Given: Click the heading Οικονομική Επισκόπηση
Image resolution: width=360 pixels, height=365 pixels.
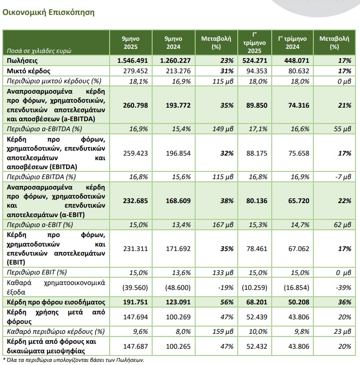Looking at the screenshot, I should tap(49, 13).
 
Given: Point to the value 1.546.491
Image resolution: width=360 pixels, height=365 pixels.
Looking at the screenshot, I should tap(131, 61).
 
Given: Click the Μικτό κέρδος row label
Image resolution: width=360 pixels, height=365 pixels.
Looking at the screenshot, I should tap(28, 71).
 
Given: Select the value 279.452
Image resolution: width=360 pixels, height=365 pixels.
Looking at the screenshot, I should tap(136, 71).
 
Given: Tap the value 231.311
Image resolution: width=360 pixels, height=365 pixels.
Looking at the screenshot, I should tap(136, 248).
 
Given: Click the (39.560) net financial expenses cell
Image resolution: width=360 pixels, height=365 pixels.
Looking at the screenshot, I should tap(135, 287).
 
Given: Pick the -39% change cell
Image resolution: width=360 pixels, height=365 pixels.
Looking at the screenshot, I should tap(344, 287).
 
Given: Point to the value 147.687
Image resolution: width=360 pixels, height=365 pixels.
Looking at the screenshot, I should tap(136, 346).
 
